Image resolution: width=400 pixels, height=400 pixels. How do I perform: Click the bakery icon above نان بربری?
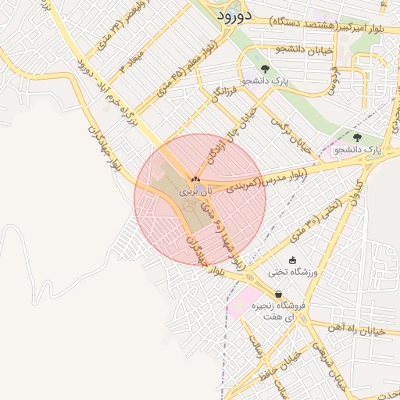tap(195, 180)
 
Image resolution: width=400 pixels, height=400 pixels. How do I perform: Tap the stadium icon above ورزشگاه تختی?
tap(292, 260)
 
